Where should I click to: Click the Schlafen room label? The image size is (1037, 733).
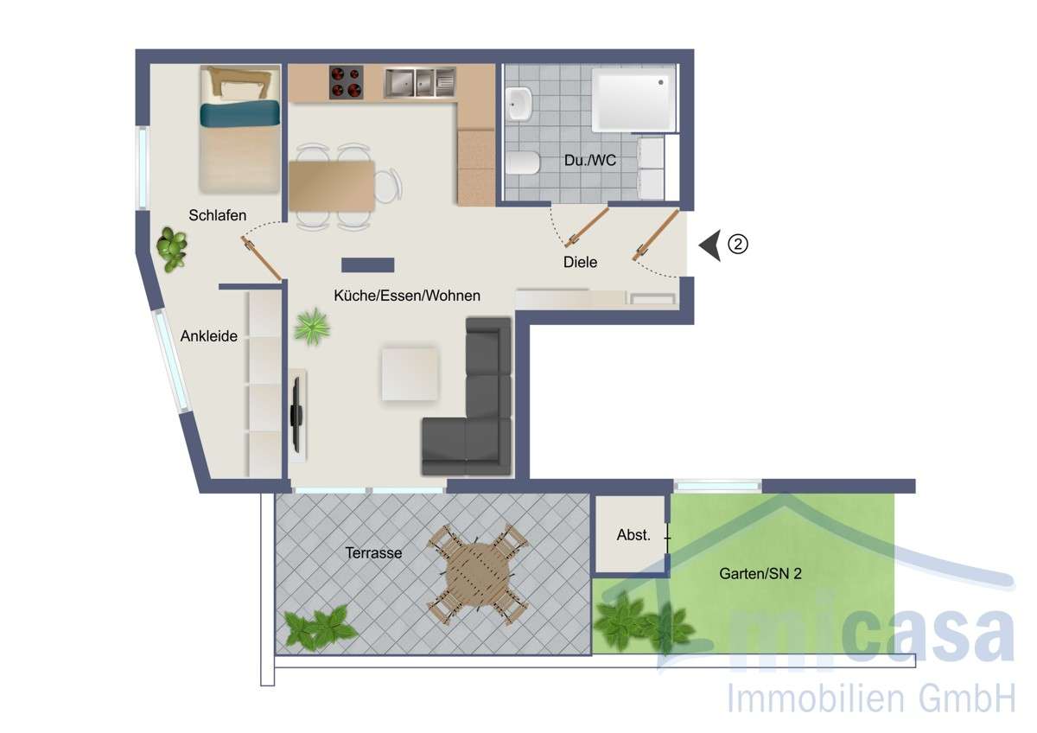pyautogui.click(x=218, y=215)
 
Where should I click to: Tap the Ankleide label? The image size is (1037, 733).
pyautogui.click(x=208, y=337)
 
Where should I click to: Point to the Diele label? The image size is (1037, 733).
pyautogui.click(x=580, y=262)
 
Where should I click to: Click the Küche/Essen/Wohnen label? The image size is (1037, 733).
pyautogui.click(x=407, y=296)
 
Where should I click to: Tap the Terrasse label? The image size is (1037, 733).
pyautogui.click(x=373, y=552)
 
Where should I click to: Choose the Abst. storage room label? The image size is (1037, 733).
pyautogui.click(x=633, y=535)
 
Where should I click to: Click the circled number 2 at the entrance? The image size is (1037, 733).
pyautogui.click(x=737, y=245)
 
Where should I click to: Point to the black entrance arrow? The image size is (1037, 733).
pyautogui.click(x=710, y=245)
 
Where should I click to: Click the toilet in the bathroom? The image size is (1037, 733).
pyautogui.click(x=524, y=162)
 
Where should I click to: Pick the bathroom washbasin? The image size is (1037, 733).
pyautogui.click(x=519, y=104)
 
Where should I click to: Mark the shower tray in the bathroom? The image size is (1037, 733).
pyautogui.click(x=633, y=100)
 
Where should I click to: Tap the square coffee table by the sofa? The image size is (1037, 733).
pyautogui.click(x=410, y=373)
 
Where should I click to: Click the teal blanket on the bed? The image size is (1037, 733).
pyautogui.click(x=240, y=114)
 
